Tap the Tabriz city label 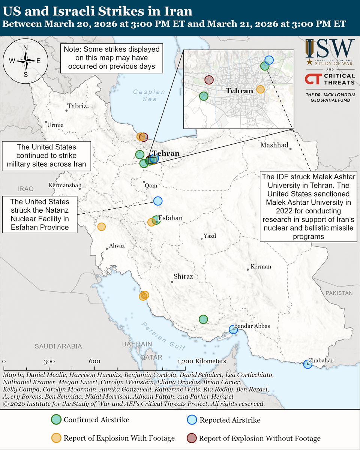[x=77, y=106]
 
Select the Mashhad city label [x=274, y=145]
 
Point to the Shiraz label [x=183, y=277]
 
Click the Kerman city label [x=261, y=267]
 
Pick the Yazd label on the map [x=210, y=236]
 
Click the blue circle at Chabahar [x=307, y=364]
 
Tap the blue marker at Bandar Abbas [x=233, y=330]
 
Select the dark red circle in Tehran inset [x=209, y=79]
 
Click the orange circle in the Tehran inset [x=260, y=89]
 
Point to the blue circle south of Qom [x=158, y=201]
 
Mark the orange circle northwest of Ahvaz [x=101, y=226]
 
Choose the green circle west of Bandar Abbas [x=203, y=319]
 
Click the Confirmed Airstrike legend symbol [x=56, y=420]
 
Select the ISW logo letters [x=330, y=48]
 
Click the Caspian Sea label [x=149, y=95]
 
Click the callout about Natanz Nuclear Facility [x=40, y=214]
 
